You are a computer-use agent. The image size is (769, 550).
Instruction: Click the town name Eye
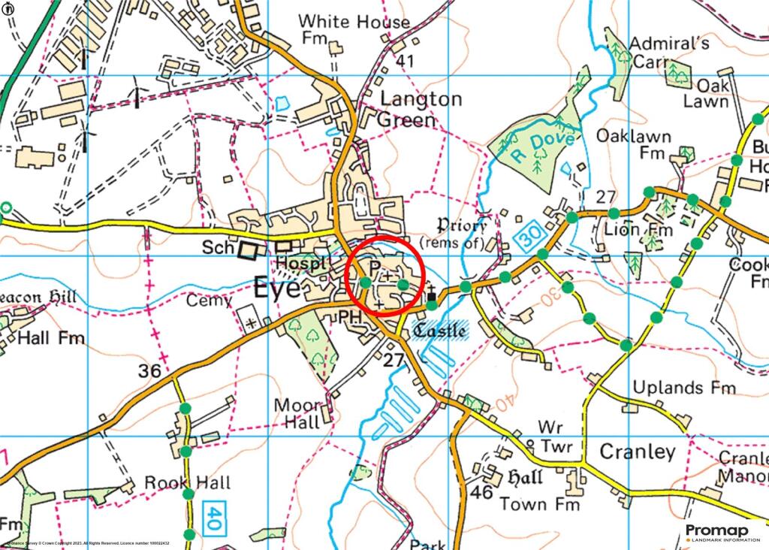coord(277,288)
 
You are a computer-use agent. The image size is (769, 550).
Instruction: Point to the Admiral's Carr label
coord(669,53)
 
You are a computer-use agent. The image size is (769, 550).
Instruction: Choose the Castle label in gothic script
coord(441,330)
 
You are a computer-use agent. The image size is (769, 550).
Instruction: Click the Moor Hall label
coord(298,413)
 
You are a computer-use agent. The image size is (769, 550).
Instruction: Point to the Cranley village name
coord(638,452)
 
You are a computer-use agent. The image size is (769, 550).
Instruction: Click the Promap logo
coord(722,533)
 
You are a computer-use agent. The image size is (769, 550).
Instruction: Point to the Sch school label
coord(217,248)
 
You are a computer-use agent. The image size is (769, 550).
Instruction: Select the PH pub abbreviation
coord(350,318)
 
